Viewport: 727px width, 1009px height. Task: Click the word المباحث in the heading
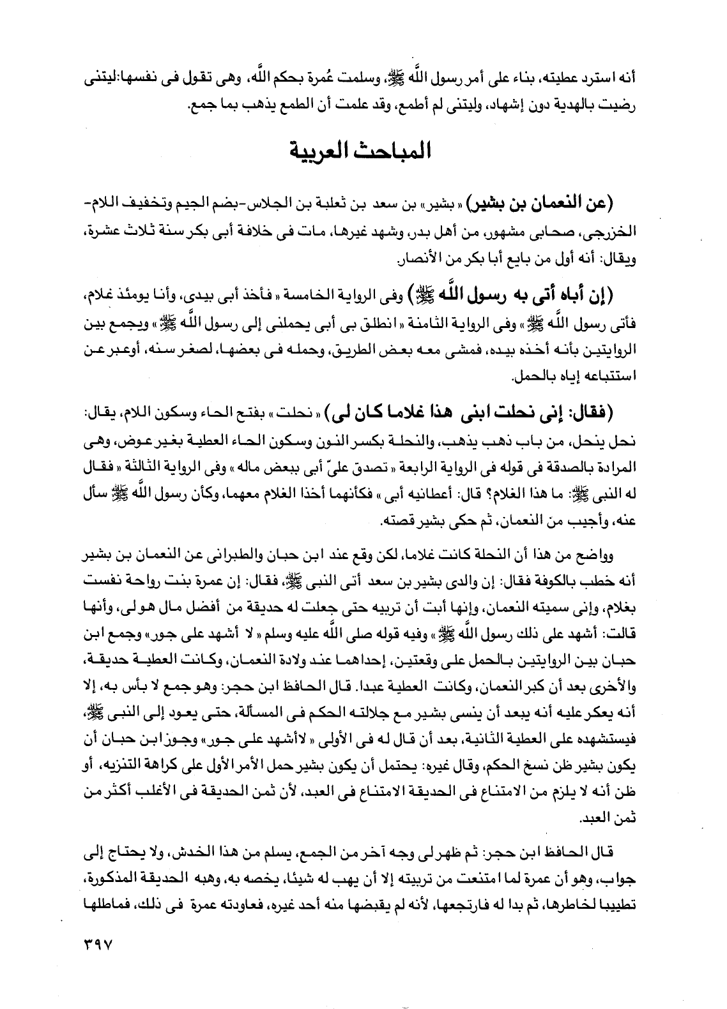coord(389,153)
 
